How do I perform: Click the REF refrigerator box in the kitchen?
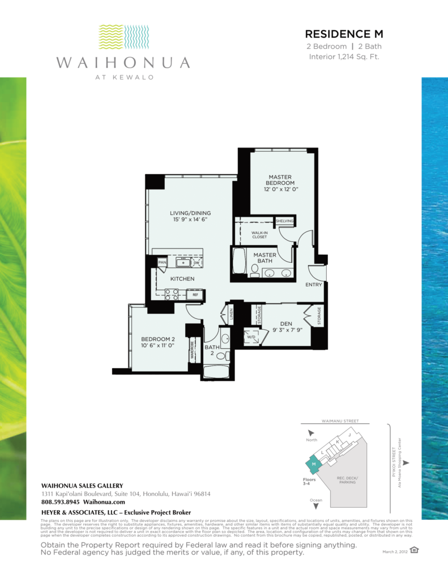pyautogui.click(x=194, y=294)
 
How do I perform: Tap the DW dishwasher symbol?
pyautogui.click(x=195, y=262)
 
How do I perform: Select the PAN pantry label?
pyautogui.click(x=162, y=262)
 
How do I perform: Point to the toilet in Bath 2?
pyautogui.click(x=223, y=356)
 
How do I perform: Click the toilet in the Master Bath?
pyautogui.click(x=255, y=269)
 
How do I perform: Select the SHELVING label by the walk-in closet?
pyautogui.click(x=284, y=221)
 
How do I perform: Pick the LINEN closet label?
pyautogui.click(x=231, y=314)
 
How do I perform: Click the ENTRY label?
pyautogui.click(x=313, y=284)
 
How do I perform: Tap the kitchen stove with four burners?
pyautogui.click(x=172, y=294)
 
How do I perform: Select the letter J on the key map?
pyautogui.click(x=349, y=435)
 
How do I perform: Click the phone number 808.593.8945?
pyautogui.click(x=61, y=502)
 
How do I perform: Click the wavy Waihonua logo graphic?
pyautogui.click(x=123, y=37)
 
